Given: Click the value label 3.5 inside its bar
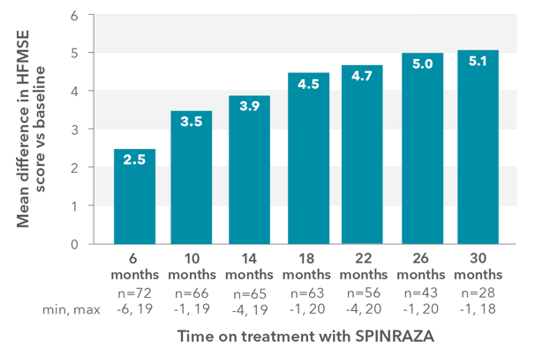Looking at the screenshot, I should (x=192, y=122).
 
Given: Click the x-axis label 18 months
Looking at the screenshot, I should (x=306, y=265).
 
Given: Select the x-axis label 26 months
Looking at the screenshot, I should (x=420, y=265).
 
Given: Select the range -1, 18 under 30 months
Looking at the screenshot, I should (x=478, y=308).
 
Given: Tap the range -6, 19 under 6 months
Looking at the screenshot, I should (x=134, y=308).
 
